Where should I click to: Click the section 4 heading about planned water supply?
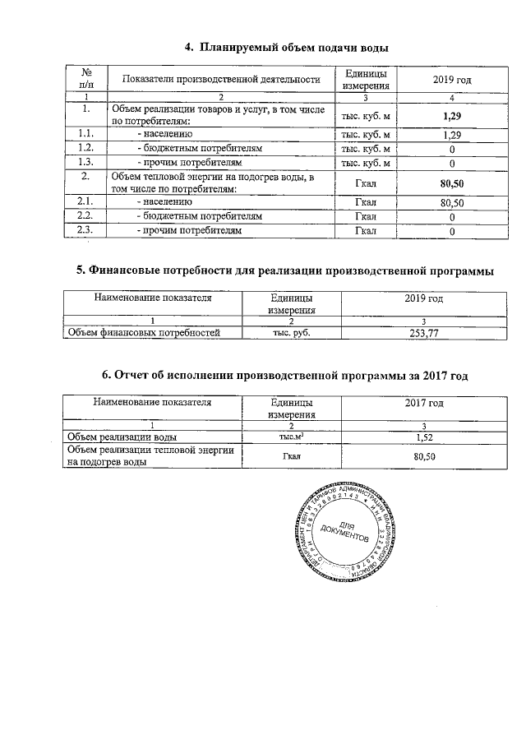click(285, 49)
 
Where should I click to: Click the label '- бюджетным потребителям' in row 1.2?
click(200, 149)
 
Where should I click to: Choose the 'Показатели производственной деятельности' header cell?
click(220, 79)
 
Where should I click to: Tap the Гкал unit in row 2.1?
click(365, 201)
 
